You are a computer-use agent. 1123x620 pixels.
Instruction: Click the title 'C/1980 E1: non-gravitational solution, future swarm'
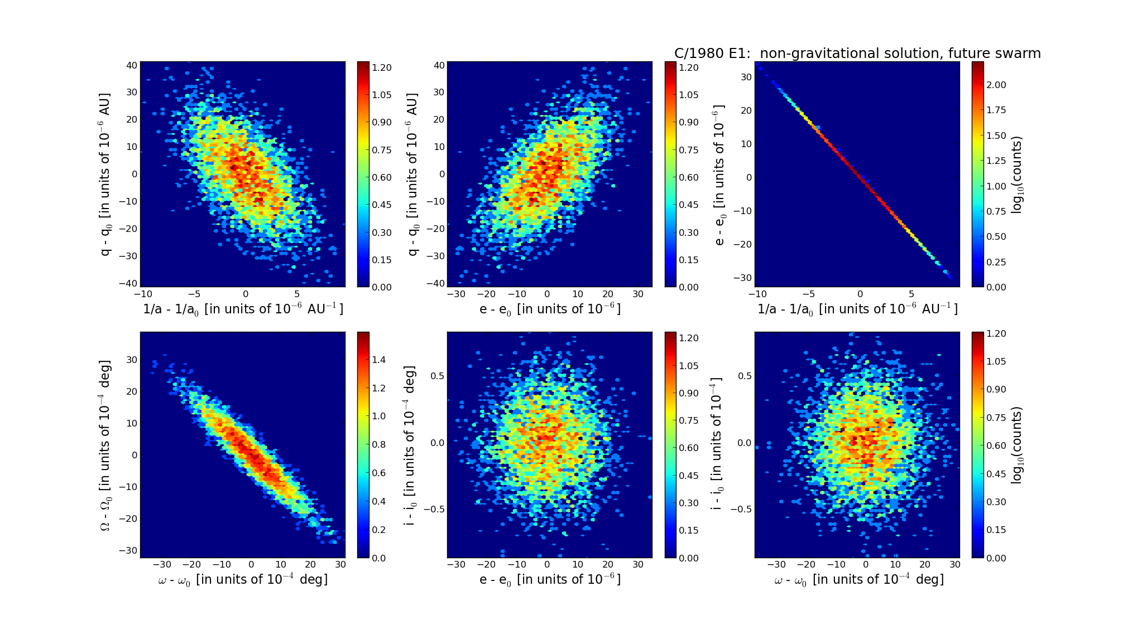point(857,54)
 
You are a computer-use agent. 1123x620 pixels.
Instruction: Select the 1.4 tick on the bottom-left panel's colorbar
point(379,360)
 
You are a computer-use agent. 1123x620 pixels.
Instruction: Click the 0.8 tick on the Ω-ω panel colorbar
point(379,444)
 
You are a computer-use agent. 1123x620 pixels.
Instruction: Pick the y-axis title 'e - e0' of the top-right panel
point(719,175)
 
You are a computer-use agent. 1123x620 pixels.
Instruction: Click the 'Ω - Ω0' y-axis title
point(105,444)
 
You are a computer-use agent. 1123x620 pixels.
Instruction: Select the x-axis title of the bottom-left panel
point(243,580)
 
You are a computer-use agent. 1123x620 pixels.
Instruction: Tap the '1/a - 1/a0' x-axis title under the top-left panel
point(243,309)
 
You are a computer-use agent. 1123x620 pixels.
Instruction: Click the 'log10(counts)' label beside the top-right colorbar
point(1016,175)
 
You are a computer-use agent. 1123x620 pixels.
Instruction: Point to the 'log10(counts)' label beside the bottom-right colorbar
point(1016,444)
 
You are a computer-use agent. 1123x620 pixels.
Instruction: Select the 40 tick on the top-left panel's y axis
point(132,65)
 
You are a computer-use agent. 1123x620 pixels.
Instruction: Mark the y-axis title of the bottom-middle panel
point(411,444)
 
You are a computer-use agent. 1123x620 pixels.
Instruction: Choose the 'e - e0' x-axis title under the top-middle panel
point(550,309)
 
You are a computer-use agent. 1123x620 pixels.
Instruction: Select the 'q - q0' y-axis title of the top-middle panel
point(412,175)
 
